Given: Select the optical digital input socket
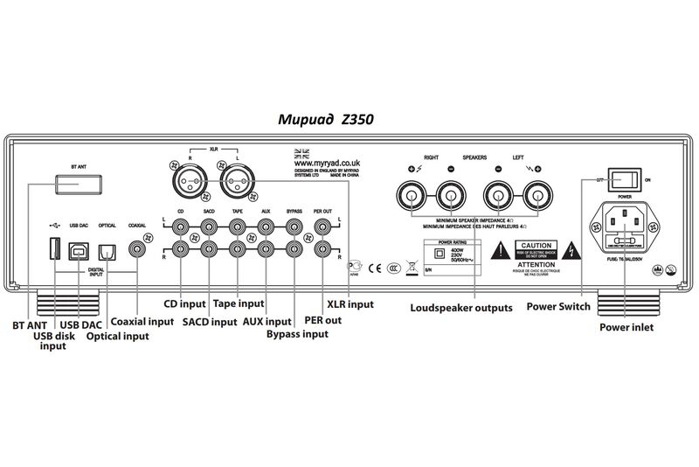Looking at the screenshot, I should (107, 251).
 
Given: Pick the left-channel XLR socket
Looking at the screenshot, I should (236, 185).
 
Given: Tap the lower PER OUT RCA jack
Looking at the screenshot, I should (322, 249).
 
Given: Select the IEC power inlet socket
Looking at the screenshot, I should (625, 230).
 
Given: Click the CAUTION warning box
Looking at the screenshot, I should (535, 250).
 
